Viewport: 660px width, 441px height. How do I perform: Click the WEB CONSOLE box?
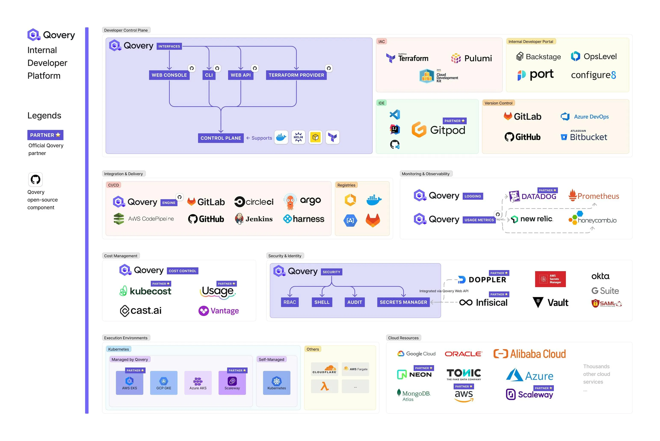(169, 75)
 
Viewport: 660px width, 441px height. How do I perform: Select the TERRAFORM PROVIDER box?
(296, 75)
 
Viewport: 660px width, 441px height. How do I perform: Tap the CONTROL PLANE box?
(221, 138)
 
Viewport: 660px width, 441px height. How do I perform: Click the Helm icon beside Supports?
(298, 137)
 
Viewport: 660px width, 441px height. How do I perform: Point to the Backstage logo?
(538, 57)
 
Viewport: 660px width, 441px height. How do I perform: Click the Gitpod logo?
(438, 130)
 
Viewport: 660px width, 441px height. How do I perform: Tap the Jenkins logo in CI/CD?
(254, 219)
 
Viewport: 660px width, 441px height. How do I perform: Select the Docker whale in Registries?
(374, 200)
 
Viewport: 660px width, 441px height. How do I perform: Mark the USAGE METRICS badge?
(479, 220)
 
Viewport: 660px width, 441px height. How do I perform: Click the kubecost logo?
(145, 291)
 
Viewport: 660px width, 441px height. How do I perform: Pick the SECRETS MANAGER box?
(403, 302)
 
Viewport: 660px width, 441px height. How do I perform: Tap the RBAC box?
(290, 302)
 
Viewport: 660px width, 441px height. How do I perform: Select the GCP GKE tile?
(164, 383)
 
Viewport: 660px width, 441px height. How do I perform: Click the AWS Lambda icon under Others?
(324, 387)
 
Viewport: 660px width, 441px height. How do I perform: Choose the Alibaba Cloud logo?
(529, 354)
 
